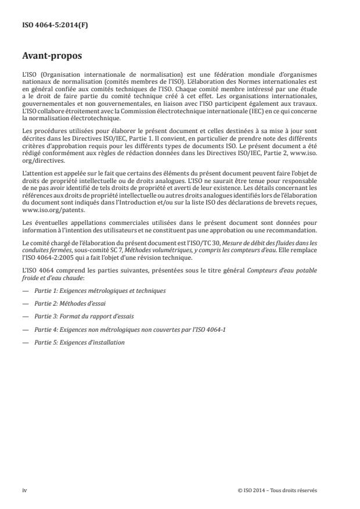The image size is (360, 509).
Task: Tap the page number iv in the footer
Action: (24, 490)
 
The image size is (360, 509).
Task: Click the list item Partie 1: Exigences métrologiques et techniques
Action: (99, 291)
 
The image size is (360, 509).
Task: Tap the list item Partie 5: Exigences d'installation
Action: (80, 342)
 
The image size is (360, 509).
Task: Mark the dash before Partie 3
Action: (25, 317)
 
